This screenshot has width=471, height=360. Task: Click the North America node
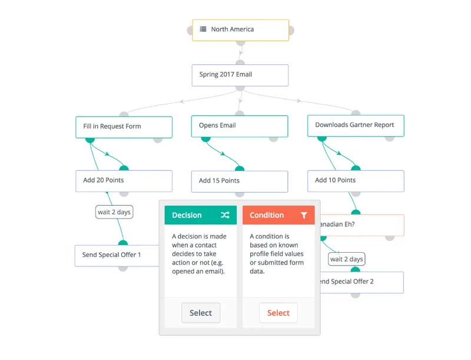240,30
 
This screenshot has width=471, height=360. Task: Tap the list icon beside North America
203,29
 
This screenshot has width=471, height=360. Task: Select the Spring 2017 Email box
240,75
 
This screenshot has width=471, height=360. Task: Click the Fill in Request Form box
124,127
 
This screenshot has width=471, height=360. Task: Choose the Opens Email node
240,126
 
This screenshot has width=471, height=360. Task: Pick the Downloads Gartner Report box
356,125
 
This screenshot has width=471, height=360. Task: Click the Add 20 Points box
124,181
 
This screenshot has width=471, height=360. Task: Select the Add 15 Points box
240,181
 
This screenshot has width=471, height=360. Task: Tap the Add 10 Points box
356,181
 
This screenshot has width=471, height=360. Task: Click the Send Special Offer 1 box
117,256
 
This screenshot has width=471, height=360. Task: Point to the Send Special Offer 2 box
361,282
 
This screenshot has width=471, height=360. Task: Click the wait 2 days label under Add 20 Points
114,212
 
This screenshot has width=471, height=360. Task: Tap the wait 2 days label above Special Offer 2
347,259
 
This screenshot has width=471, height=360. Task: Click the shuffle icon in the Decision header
225,215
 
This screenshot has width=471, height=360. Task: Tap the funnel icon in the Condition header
304,215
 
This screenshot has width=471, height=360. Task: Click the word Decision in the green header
187,215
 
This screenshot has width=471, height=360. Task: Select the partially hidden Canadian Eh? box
362,225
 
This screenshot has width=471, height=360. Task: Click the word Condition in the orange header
267,215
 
